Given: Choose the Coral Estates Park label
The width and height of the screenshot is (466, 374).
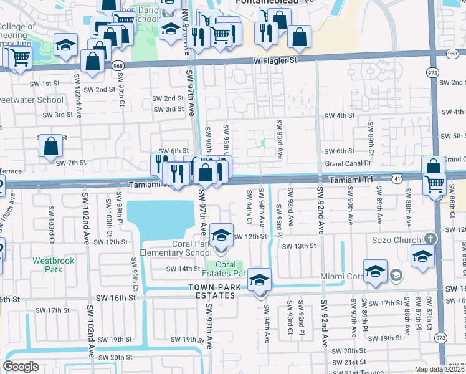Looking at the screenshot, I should click(227, 269).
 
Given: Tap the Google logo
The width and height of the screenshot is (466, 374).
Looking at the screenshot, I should click(21, 366).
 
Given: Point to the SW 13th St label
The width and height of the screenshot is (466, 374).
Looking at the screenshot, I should click(299, 246).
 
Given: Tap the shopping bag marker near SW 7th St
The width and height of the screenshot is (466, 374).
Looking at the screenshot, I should click(51, 147).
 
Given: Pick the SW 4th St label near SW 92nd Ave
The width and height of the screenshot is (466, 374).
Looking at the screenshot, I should click(339, 116).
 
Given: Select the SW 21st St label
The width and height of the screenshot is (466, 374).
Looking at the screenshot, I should click(348, 362).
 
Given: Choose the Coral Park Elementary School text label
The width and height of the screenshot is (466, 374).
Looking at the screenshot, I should click(175, 248).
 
